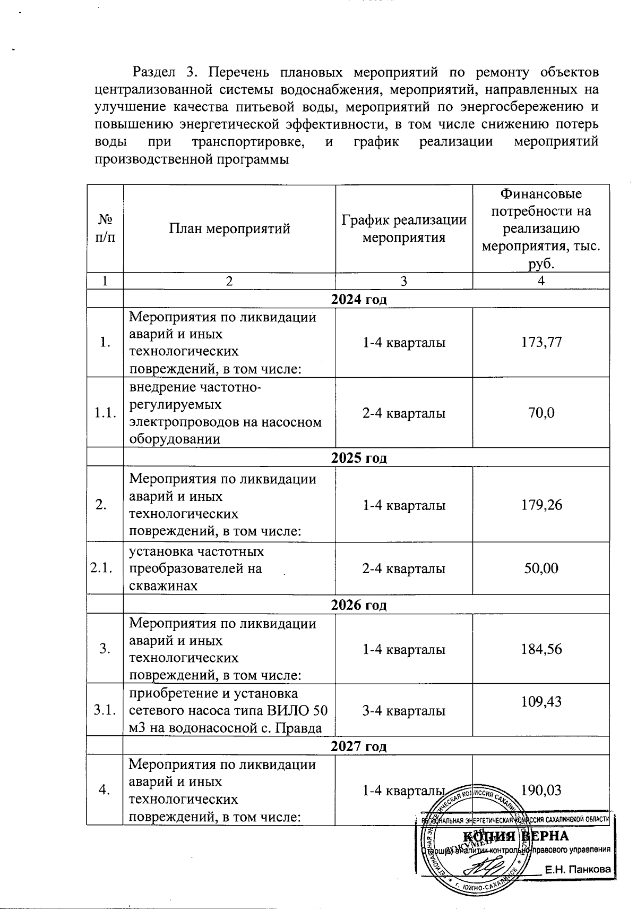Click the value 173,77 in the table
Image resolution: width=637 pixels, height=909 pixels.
[541, 343]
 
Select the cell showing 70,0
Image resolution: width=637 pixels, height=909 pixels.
[541, 413]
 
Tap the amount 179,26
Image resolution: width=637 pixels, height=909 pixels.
[541, 505]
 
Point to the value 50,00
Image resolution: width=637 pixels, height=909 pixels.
[541, 568]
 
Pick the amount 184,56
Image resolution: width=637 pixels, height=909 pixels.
[541, 649]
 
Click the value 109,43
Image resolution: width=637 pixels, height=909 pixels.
[541, 702]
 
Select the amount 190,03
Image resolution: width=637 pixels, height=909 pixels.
[541, 790]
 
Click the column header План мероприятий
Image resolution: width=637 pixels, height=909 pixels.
[229, 229]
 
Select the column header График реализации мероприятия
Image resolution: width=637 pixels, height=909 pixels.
[403, 228]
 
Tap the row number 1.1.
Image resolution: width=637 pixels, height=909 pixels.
[105, 413]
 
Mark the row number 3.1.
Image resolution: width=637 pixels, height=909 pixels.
[105, 710]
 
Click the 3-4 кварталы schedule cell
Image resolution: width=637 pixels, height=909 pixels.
[403, 711]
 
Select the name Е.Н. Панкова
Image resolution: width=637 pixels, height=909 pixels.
[578, 870]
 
